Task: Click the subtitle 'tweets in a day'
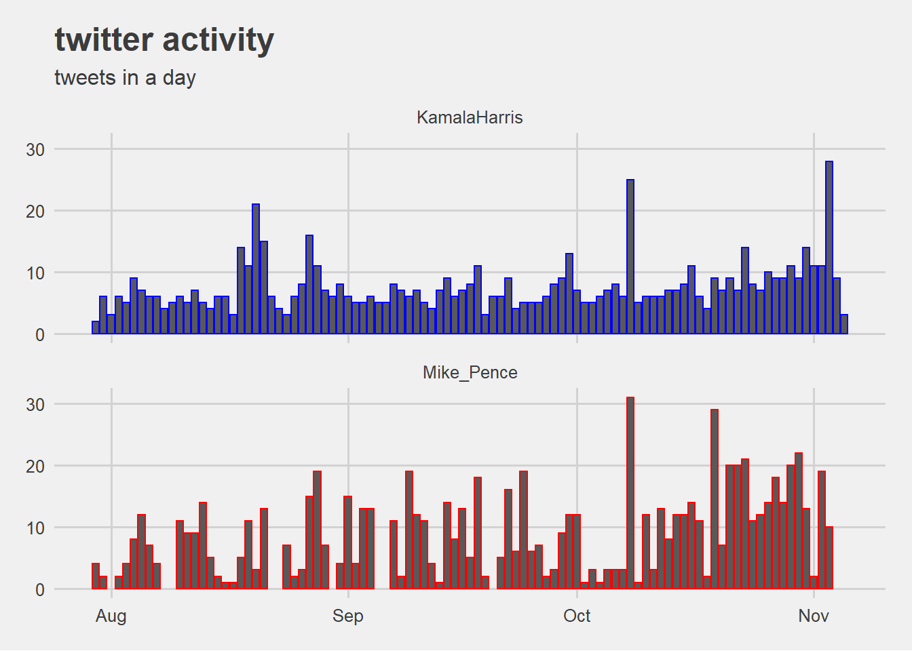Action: click(125, 78)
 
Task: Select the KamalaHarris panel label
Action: click(470, 117)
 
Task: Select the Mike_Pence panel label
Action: click(470, 372)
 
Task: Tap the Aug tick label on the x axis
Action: click(111, 616)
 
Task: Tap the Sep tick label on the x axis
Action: click(348, 616)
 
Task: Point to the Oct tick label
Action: click(577, 616)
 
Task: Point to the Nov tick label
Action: click(813, 616)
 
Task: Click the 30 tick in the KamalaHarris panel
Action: click(35, 149)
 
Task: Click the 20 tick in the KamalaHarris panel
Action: click(35, 211)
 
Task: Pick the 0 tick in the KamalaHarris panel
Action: click(40, 334)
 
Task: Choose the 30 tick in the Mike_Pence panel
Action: click(35, 404)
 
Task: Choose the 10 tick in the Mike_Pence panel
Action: click(35, 528)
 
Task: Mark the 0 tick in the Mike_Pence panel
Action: click(40, 589)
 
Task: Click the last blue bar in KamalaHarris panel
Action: click(844, 325)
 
